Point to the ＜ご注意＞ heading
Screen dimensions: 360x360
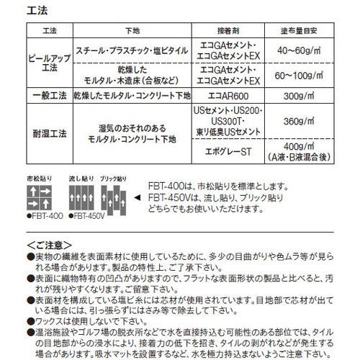pos(50,245)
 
